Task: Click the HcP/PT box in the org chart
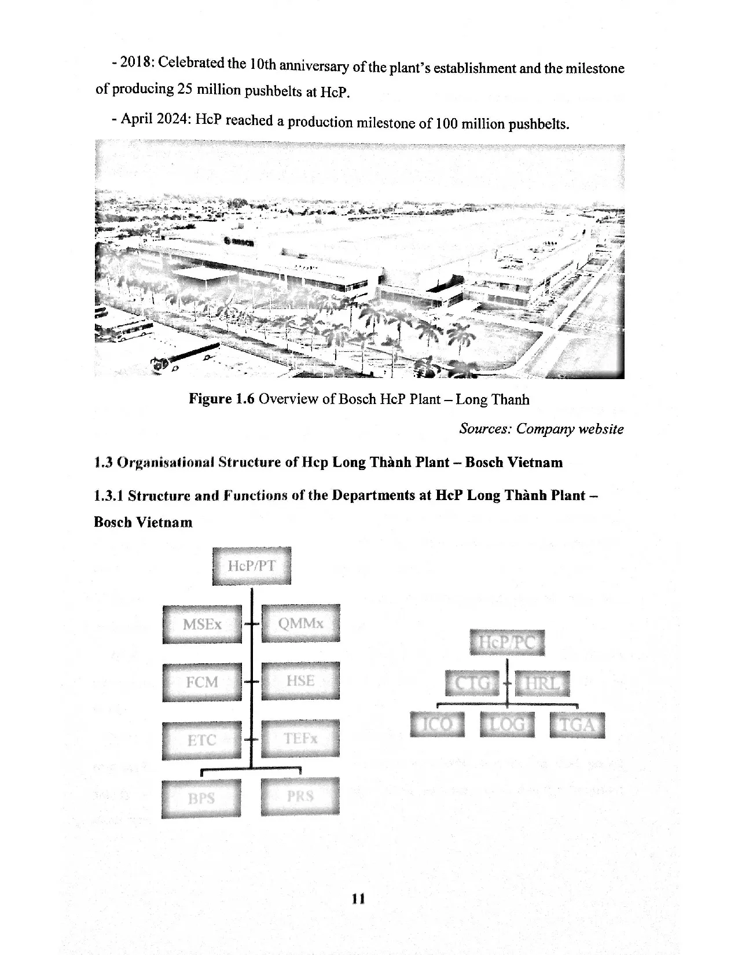point(251,566)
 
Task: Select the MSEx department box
point(202,624)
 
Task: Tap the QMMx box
point(300,623)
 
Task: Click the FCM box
point(202,682)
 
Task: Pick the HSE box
point(300,681)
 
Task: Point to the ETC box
point(202,740)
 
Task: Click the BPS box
point(201,799)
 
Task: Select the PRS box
point(300,796)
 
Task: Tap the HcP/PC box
point(507,642)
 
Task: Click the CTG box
point(472,684)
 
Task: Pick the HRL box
point(542,684)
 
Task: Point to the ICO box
point(437,725)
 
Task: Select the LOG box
point(507,725)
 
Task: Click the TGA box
point(577,725)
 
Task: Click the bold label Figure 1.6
point(221,399)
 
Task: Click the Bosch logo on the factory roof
point(238,242)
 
